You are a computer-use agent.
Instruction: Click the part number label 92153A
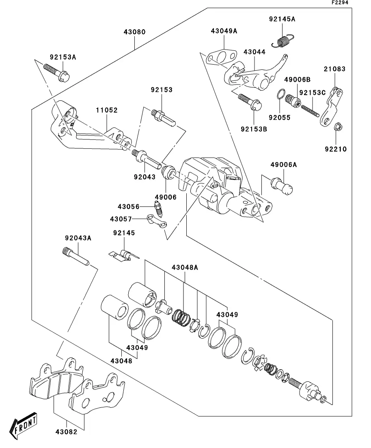tap(63, 57)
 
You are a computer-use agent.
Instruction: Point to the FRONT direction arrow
tap(24, 425)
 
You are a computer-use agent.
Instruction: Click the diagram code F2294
tap(340, 2)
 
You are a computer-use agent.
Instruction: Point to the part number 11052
tap(107, 110)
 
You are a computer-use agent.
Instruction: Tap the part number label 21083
tap(334, 69)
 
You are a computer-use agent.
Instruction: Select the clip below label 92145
tap(124, 255)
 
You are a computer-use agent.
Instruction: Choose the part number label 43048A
tap(185, 267)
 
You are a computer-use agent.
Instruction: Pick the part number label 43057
tap(121, 219)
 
